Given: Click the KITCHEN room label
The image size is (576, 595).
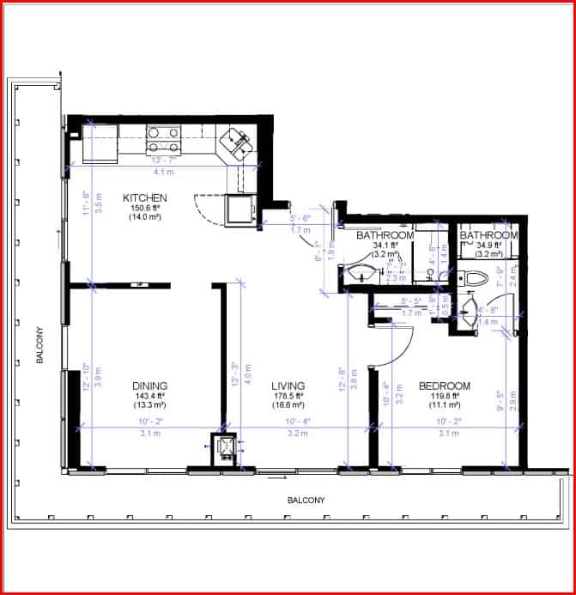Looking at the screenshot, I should pyautogui.click(x=144, y=197).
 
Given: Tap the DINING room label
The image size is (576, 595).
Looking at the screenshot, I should pyautogui.click(x=149, y=386).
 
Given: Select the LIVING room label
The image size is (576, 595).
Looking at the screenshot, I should pyautogui.click(x=288, y=386).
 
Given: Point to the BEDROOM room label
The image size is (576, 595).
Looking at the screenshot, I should pyautogui.click(x=444, y=386).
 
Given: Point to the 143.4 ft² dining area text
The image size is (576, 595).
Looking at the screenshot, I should pyautogui.click(x=149, y=396).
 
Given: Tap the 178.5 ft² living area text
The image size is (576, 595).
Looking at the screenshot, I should pyautogui.click(x=288, y=396).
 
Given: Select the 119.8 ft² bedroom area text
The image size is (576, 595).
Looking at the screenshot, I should pyautogui.click(x=444, y=396).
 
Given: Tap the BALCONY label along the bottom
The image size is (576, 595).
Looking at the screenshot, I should pyautogui.click(x=306, y=500).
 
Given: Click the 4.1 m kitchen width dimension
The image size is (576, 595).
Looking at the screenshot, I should pyautogui.click(x=162, y=172).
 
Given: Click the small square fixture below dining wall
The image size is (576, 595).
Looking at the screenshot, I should pyautogui.click(x=225, y=449).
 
